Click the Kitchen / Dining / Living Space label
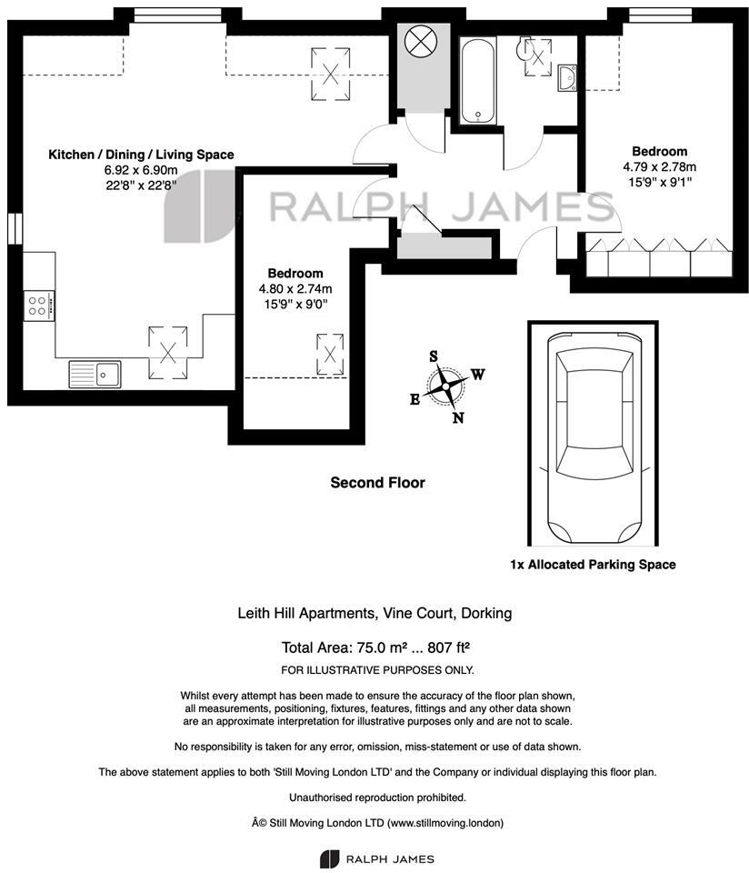coord(141,155)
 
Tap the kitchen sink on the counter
coord(95,373)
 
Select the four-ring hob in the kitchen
coord(40,305)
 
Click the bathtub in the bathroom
coord(477,80)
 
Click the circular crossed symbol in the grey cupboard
coord(420,42)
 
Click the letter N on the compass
coord(458,417)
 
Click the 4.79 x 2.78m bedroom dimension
coord(659,167)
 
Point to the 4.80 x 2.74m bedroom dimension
coord(295,289)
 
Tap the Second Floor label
coord(377,483)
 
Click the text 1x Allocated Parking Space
coord(592,565)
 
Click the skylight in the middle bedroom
coord(330,353)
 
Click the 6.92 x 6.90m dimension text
coord(141,170)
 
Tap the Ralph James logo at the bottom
coord(376,858)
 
